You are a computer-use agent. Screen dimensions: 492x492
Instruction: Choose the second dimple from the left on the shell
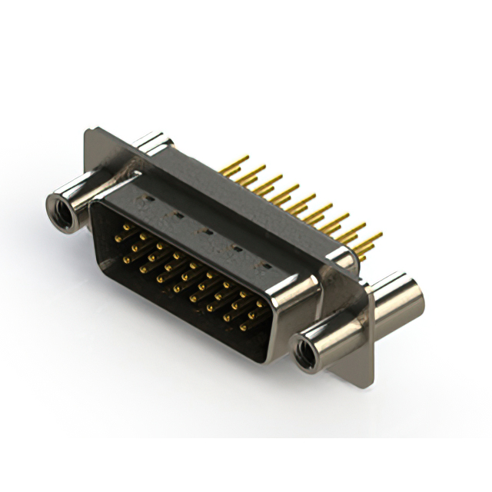coord(177,216)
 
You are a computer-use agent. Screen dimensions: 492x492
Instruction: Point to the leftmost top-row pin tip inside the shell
coord(126,228)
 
